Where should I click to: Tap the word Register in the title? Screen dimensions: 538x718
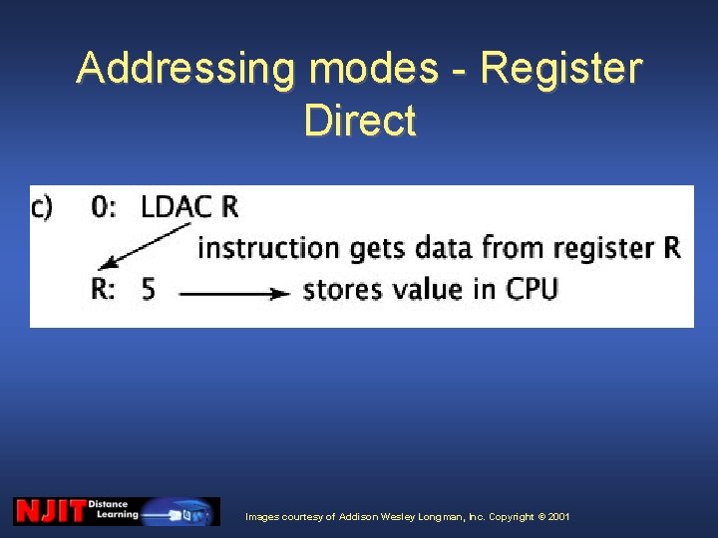tap(560, 70)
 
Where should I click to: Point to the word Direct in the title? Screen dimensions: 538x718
tap(359, 121)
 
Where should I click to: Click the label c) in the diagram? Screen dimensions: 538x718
tap(43, 207)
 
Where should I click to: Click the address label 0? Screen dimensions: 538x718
tap(104, 207)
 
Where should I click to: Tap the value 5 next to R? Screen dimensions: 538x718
tap(149, 290)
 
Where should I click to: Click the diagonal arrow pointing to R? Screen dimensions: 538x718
tap(148, 247)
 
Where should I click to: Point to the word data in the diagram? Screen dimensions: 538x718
tap(446, 247)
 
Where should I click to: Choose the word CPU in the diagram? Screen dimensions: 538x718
tap(532, 290)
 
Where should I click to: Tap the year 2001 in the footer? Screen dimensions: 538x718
tap(558, 517)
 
